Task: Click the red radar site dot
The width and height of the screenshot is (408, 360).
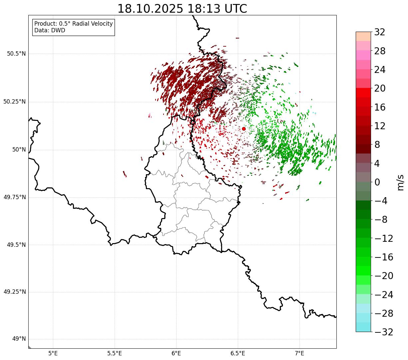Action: point(243,129)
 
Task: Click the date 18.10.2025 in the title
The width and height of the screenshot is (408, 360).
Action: point(150,9)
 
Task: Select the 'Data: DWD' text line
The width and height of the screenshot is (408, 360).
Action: point(50,30)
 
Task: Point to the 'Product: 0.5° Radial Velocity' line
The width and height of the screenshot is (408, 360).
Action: point(74,24)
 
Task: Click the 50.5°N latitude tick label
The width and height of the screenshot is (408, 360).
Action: point(16,54)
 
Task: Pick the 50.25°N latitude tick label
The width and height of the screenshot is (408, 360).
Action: point(14,102)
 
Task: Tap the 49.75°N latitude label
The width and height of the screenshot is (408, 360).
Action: point(14,197)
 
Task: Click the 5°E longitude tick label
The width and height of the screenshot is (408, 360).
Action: point(53,353)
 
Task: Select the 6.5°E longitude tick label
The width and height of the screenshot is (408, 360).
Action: point(238,353)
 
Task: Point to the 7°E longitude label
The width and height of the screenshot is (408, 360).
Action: point(299,353)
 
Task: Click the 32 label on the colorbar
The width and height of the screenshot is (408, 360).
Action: point(380,32)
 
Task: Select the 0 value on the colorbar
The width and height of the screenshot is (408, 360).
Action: point(377,182)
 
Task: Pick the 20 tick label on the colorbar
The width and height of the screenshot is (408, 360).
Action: point(380,89)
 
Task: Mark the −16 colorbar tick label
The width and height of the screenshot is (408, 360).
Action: point(384,257)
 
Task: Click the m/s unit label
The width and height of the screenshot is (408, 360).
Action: point(400,182)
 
